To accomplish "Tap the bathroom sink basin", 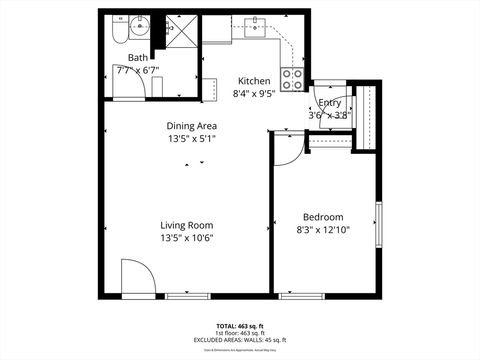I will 141,25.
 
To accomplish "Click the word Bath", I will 136,58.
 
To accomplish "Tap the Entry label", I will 329,103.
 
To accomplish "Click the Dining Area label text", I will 192,125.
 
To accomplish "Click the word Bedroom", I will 323,217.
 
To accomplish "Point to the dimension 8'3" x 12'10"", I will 323,230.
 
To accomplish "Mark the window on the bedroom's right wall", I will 378,228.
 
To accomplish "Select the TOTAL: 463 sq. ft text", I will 240,326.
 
